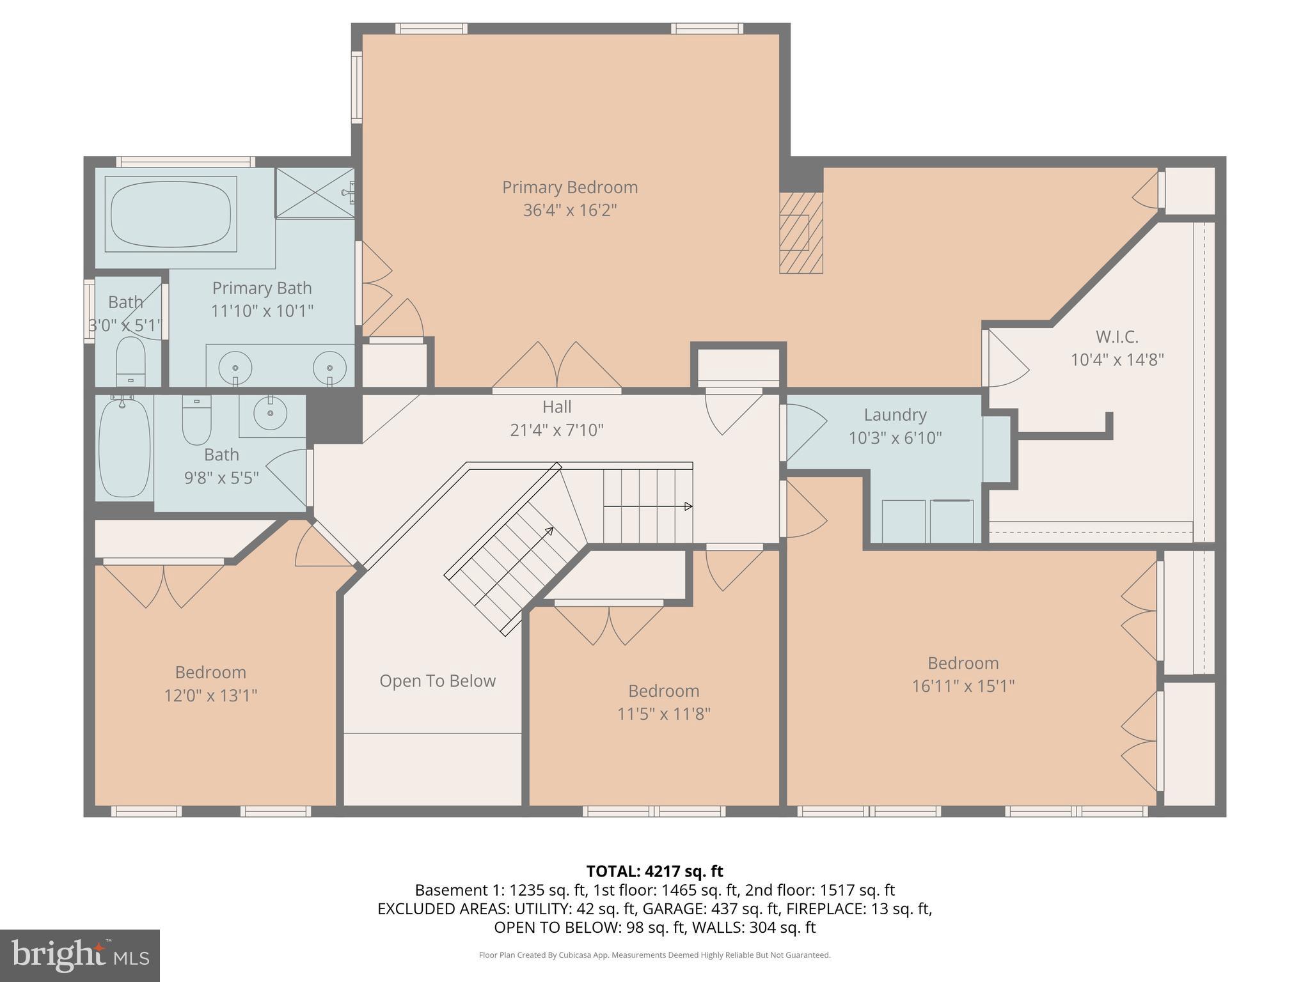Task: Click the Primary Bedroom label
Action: pos(569,187)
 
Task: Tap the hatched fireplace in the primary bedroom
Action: pos(800,233)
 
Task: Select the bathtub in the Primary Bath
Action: pos(171,214)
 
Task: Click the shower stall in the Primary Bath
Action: pos(314,192)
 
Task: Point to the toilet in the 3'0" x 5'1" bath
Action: pos(131,361)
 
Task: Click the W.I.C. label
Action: pos(1117,336)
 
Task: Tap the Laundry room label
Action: pos(895,415)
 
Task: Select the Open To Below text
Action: pos(438,681)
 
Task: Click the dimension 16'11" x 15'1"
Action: pos(963,686)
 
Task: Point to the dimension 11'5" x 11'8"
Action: pos(663,713)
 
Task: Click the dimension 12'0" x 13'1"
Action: pos(210,695)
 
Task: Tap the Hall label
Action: pos(556,407)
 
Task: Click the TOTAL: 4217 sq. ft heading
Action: pos(654,871)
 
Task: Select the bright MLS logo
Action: pos(79,955)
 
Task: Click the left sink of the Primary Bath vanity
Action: pos(235,368)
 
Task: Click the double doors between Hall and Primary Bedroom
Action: pos(556,368)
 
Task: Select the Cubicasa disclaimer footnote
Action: pos(654,955)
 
